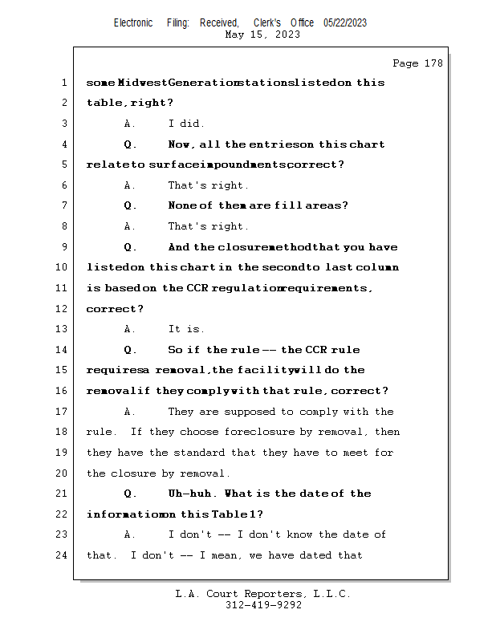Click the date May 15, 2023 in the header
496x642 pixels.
(x=262, y=35)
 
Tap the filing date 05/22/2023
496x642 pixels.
(x=345, y=22)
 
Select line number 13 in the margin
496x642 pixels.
(x=64, y=329)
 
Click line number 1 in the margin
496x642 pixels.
(x=64, y=83)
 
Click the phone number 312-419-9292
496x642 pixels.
(x=263, y=605)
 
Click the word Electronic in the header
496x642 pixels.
(x=133, y=22)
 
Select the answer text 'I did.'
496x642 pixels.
(x=186, y=124)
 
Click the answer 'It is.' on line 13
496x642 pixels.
(x=186, y=329)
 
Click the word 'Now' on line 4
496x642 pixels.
(x=181, y=144)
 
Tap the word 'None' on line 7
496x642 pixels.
(x=184, y=205)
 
